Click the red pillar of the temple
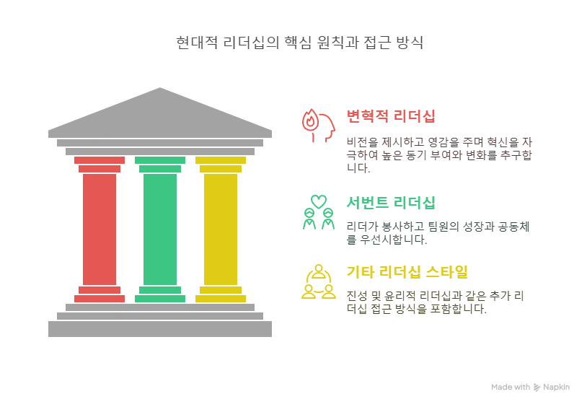click(100, 228)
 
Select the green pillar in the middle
click(160, 228)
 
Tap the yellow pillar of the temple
click(221, 228)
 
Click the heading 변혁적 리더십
click(391, 116)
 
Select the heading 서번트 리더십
click(391, 203)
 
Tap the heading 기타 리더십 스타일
click(407, 272)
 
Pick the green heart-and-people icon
click(318, 212)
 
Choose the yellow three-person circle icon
click(318, 282)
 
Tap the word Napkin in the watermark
click(557, 388)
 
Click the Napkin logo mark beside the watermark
click(537, 388)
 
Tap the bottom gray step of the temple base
click(160, 329)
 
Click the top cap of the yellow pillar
click(221, 160)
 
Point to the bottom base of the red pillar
click(100, 298)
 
